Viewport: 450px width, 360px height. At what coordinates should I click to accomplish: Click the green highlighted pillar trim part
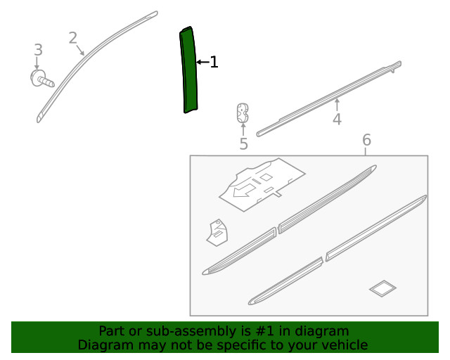pyautogui.click(x=189, y=70)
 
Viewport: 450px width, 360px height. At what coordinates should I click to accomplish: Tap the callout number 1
pyautogui.click(x=214, y=62)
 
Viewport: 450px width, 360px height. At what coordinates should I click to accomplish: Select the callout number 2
pyautogui.click(x=73, y=38)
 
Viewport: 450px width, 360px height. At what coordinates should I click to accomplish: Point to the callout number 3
pyautogui.click(x=39, y=50)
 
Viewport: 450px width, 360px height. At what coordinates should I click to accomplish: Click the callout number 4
pyautogui.click(x=337, y=119)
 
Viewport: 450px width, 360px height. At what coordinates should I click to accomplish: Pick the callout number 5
pyautogui.click(x=243, y=143)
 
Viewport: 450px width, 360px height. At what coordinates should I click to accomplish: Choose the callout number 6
pyautogui.click(x=367, y=140)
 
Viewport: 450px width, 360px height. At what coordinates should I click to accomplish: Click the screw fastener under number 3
pyautogui.click(x=42, y=78)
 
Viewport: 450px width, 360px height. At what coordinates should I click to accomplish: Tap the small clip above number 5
pyautogui.click(x=243, y=112)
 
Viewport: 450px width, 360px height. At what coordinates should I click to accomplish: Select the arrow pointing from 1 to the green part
pyautogui.click(x=203, y=62)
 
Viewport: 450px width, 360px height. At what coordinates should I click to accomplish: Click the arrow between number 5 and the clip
pyautogui.click(x=243, y=129)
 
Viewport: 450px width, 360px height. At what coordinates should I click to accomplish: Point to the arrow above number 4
pyautogui.click(x=337, y=105)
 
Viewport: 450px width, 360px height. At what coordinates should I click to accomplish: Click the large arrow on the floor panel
pyautogui.click(x=244, y=191)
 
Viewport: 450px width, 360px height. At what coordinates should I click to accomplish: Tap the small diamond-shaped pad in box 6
pyautogui.click(x=382, y=288)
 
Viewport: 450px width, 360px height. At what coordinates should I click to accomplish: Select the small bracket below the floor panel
pyautogui.click(x=217, y=233)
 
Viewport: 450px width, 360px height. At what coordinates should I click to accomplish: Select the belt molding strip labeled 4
pyautogui.click(x=329, y=98)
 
